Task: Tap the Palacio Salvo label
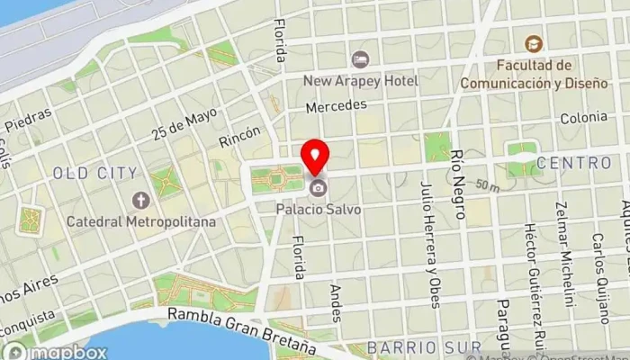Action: [x=319, y=209]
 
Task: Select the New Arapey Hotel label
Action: [x=361, y=81]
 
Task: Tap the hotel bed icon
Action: [x=361, y=59]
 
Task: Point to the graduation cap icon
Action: [x=534, y=43]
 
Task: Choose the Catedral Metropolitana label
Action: [x=139, y=220]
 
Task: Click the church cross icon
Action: [x=139, y=200]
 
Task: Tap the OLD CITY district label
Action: [x=95, y=173]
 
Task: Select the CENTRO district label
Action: [x=573, y=163]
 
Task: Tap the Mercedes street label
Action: [x=337, y=105]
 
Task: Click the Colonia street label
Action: [x=583, y=118]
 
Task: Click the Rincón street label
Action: [x=239, y=136]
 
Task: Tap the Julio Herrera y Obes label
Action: [x=430, y=243]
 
